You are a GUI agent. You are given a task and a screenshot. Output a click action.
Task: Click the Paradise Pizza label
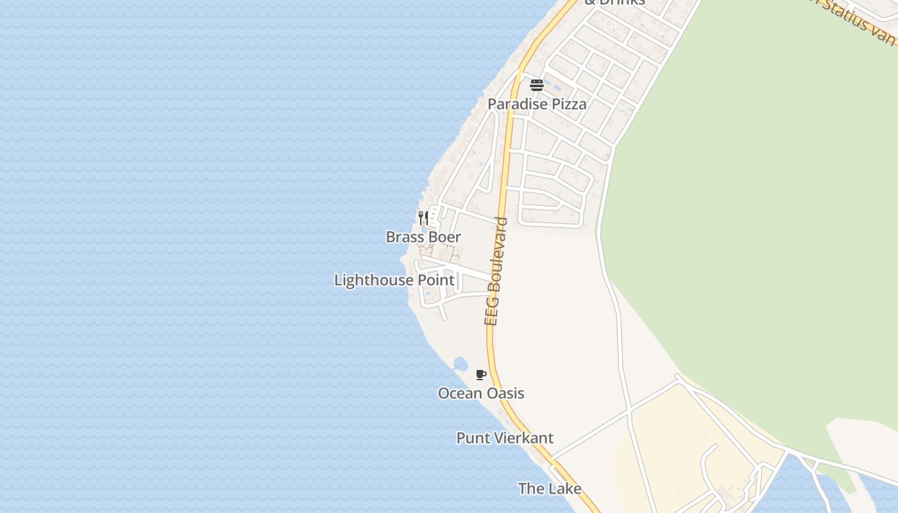coord(537,104)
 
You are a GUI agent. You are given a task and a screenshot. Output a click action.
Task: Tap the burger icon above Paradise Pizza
coord(537,85)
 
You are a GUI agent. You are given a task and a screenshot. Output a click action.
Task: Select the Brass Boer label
coord(423,237)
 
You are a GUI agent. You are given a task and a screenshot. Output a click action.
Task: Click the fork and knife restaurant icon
coord(423,217)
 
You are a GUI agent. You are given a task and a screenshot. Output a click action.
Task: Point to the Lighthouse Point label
coord(394,280)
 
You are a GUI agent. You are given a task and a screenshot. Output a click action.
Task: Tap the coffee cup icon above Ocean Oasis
coord(481,375)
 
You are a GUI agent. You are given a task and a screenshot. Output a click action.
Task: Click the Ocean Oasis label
coord(481,394)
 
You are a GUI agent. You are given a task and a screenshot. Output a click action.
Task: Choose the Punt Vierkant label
coord(505,438)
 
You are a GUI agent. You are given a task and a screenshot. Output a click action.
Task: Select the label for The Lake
coord(550,489)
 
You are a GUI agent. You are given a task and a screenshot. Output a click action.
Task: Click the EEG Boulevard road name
coord(496,271)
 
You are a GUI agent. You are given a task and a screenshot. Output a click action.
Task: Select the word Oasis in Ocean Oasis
coord(507,394)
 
